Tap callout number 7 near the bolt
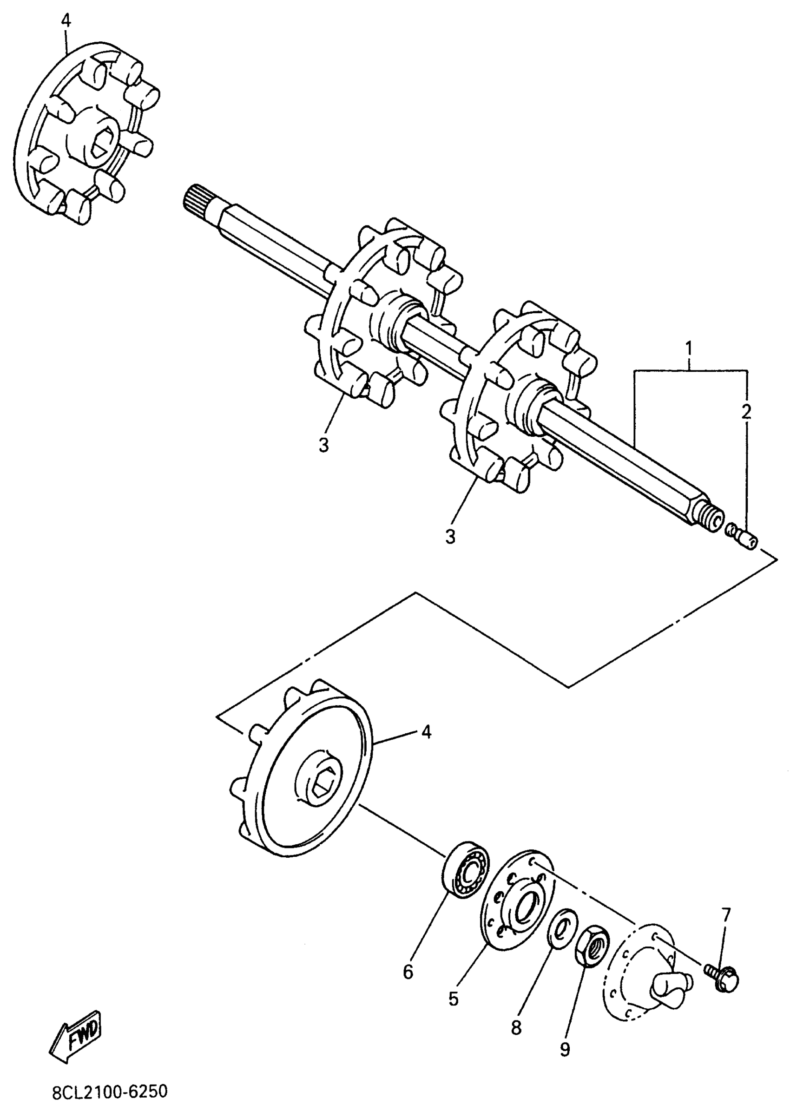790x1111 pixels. tap(726, 915)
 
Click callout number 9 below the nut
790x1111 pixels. tap(565, 1050)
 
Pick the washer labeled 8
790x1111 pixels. tap(562, 928)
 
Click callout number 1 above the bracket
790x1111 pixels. tap(689, 349)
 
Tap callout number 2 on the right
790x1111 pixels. tap(746, 412)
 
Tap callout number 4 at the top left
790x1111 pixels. tap(66, 20)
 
